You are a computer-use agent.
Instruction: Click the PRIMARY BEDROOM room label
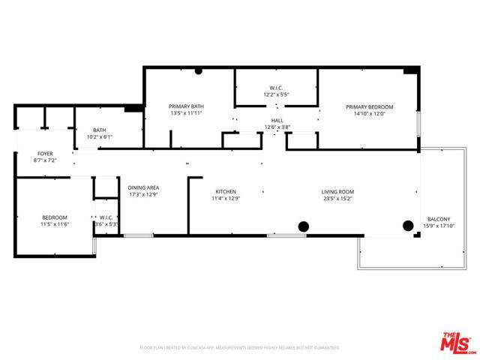click(369, 106)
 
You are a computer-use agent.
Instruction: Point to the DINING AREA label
click(142, 187)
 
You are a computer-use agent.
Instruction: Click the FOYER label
click(46, 154)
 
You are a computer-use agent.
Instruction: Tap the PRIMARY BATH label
click(187, 106)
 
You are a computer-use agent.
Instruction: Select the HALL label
click(277, 121)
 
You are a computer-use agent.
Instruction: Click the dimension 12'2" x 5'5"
click(277, 95)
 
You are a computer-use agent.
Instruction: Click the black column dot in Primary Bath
click(199, 71)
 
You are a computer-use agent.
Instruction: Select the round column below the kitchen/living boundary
click(304, 226)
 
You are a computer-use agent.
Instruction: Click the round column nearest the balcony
click(409, 224)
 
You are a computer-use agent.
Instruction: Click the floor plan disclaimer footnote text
click(240, 348)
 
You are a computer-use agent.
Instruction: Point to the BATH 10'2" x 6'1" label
click(100, 133)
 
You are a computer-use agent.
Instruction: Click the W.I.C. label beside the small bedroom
click(106, 218)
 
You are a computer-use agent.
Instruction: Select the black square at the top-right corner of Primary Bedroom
click(409, 70)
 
